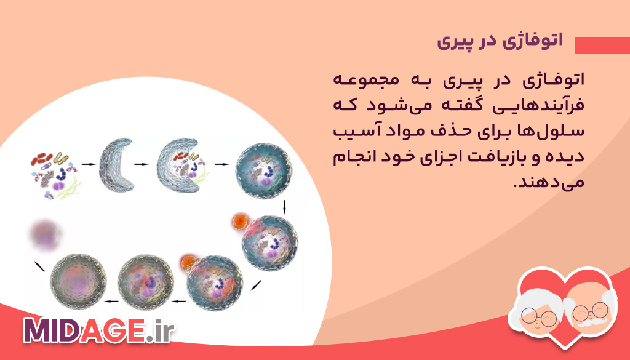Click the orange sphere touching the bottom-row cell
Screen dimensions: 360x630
tap(187, 263)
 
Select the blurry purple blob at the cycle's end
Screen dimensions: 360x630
tap(46, 234)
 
